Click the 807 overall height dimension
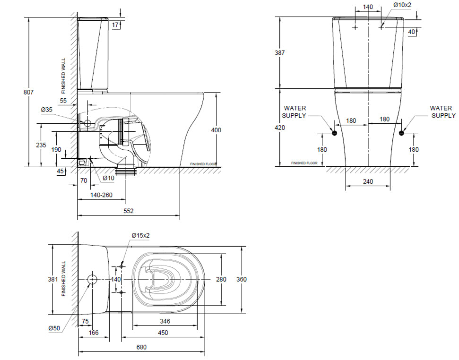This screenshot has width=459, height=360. [x=28, y=92]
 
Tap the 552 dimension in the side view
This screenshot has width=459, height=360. [x=129, y=211]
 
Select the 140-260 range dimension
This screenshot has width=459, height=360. [x=101, y=195]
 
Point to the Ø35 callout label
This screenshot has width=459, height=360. [x=46, y=110]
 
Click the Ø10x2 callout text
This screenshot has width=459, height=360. [x=402, y=5]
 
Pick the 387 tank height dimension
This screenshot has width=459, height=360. [x=279, y=52]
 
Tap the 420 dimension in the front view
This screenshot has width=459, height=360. [x=279, y=128]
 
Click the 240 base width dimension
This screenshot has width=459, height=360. [x=368, y=181]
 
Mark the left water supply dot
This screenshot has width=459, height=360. [x=334, y=133]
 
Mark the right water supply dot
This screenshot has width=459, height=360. [x=401, y=133]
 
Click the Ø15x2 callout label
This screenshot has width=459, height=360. [x=140, y=235]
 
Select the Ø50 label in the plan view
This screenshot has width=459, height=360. [x=54, y=328]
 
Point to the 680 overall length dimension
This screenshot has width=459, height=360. [x=141, y=347]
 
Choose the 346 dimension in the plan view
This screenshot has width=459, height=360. [x=165, y=321]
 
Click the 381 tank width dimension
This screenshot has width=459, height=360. [x=53, y=279]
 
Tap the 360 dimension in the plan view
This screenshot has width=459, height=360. [x=242, y=279]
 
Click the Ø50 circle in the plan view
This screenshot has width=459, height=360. [x=93, y=280]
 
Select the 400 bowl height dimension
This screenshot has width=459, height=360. [x=216, y=130]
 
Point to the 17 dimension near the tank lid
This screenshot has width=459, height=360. [x=115, y=25]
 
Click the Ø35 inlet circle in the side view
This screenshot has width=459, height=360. [x=87, y=123]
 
